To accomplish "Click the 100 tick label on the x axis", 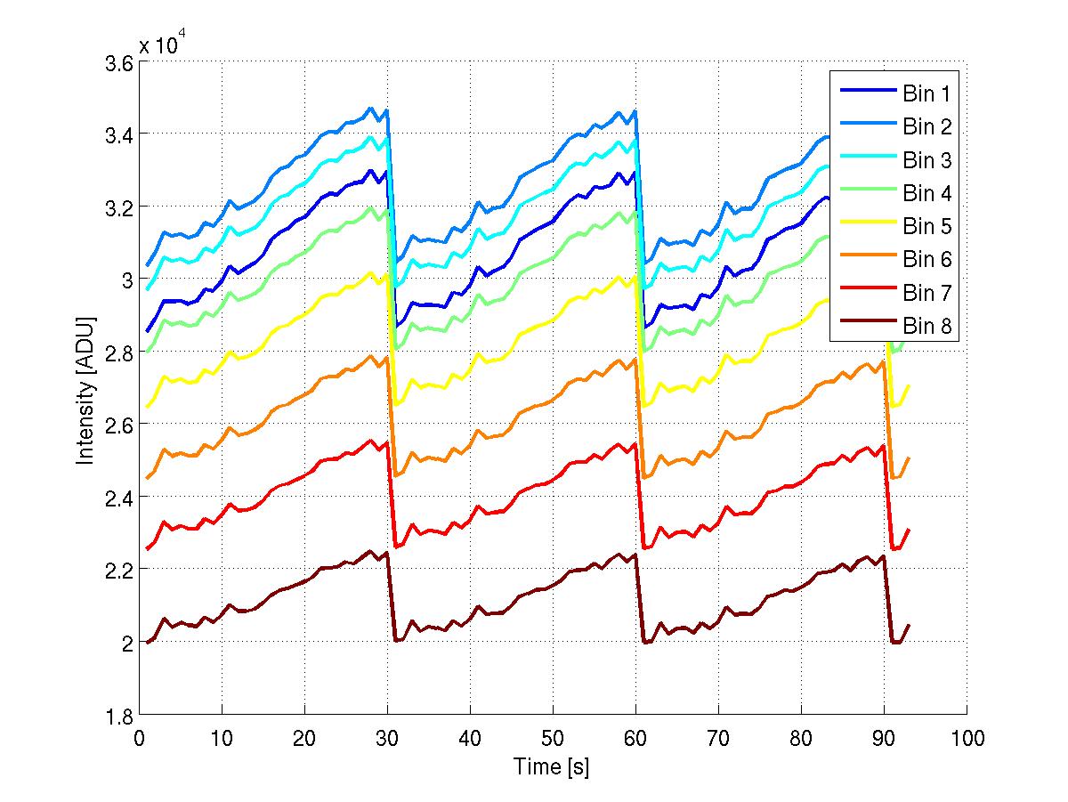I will coord(967,738).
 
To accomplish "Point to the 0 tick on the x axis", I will coord(139,738).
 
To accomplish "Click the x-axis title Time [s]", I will coord(552,766).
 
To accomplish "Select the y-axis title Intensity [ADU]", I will coord(85,390).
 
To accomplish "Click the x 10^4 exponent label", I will coord(162,45).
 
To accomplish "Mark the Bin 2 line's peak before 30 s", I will coord(370,109).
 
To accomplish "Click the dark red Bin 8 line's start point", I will coord(148,642).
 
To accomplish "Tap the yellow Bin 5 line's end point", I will coord(909,385).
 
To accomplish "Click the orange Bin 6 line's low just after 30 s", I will coord(395,475).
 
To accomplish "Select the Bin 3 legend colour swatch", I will coord(863,160).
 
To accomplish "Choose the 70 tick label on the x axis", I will coord(718,738).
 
